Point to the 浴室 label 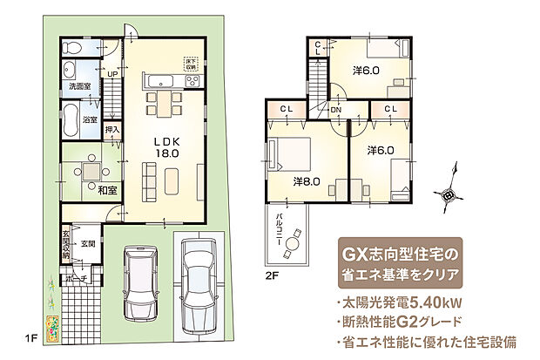tap(91, 119)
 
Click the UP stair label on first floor tap(111, 75)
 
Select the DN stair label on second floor tap(335, 110)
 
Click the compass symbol tap(449, 194)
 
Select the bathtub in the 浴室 tap(71, 119)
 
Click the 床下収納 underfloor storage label tap(191, 63)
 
